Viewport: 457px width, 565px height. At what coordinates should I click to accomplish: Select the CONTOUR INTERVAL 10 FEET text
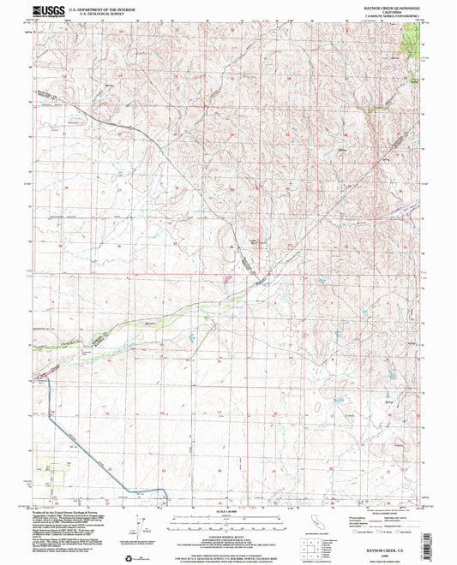pyautogui.click(x=228, y=529)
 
